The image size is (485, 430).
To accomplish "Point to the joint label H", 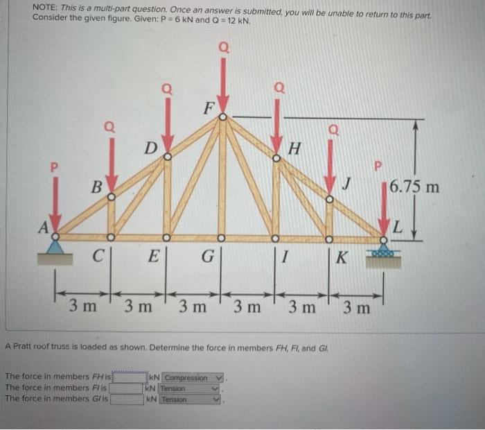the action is tap(294, 147).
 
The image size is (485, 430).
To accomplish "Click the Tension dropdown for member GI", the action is tap(189, 399).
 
